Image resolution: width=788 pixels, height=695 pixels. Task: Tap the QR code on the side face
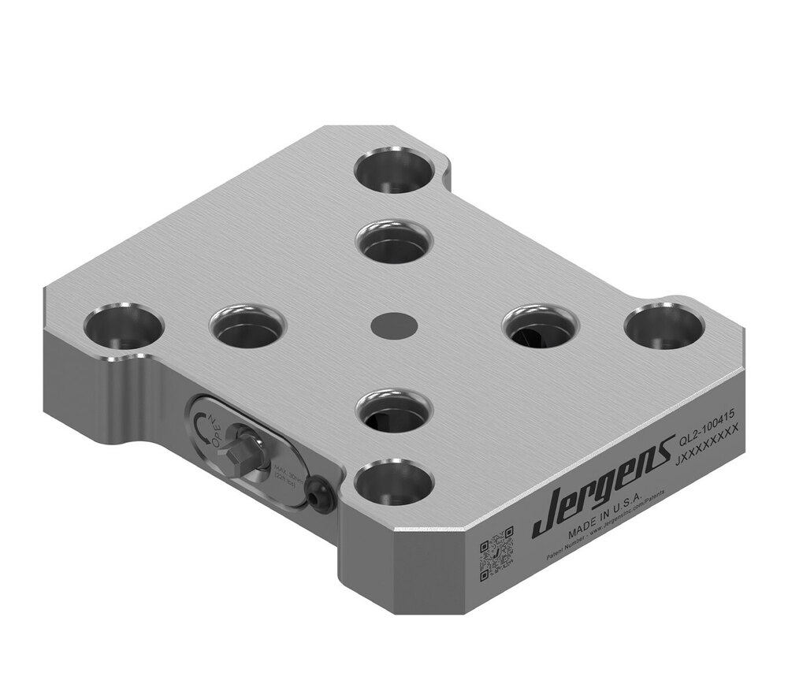(x=496, y=549)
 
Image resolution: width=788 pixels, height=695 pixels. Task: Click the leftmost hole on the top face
(x=123, y=328)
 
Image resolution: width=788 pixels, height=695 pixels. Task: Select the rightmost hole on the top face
(x=664, y=325)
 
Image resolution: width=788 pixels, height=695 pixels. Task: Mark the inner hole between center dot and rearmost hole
(x=394, y=242)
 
